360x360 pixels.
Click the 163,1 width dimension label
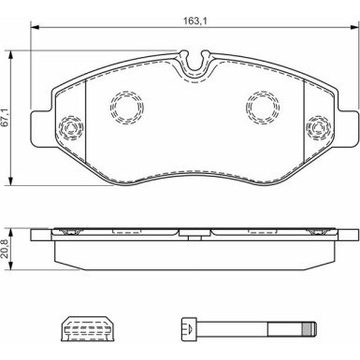pyautogui.click(x=195, y=22)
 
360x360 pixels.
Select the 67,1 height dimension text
pyautogui.click(x=5, y=118)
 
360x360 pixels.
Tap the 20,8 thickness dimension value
pyautogui.click(x=5, y=250)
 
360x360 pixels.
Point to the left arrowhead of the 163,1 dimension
pyautogui.click(x=35, y=27)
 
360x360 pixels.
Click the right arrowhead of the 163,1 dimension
pyautogui.click(x=355, y=27)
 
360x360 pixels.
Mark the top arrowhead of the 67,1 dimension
pyautogui.click(x=11, y=54)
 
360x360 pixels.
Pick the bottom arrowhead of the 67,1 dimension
pyautogui.click(x=11, y=181)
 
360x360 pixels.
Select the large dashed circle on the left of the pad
pyautogui.click(x=127, y=108)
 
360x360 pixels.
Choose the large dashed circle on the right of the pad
pyautogui.click(x=263, y=108)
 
